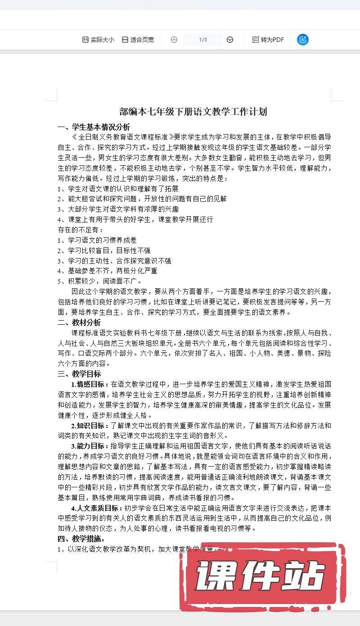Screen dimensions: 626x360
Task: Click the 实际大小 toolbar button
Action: [98, 40]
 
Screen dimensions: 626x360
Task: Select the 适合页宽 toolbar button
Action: [138, 40]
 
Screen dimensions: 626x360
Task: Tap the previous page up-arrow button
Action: [174, 40]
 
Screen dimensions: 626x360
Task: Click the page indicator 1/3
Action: [202, 40]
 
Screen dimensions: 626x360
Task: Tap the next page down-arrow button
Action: [230, 40]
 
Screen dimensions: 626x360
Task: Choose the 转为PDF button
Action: [268, 40]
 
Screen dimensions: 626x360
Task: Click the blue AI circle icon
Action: [303, 40]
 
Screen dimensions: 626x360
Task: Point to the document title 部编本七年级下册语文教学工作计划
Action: [193, 112]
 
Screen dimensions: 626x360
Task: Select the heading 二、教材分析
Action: [79, 322]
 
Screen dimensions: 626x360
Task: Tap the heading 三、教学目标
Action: [79, 374]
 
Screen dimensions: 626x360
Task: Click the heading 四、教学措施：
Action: [81, 539]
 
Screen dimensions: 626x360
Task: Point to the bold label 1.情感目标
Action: [90, 384]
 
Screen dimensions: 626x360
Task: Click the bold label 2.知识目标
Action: [90, 426]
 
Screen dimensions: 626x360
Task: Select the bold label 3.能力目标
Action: [90, 446]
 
